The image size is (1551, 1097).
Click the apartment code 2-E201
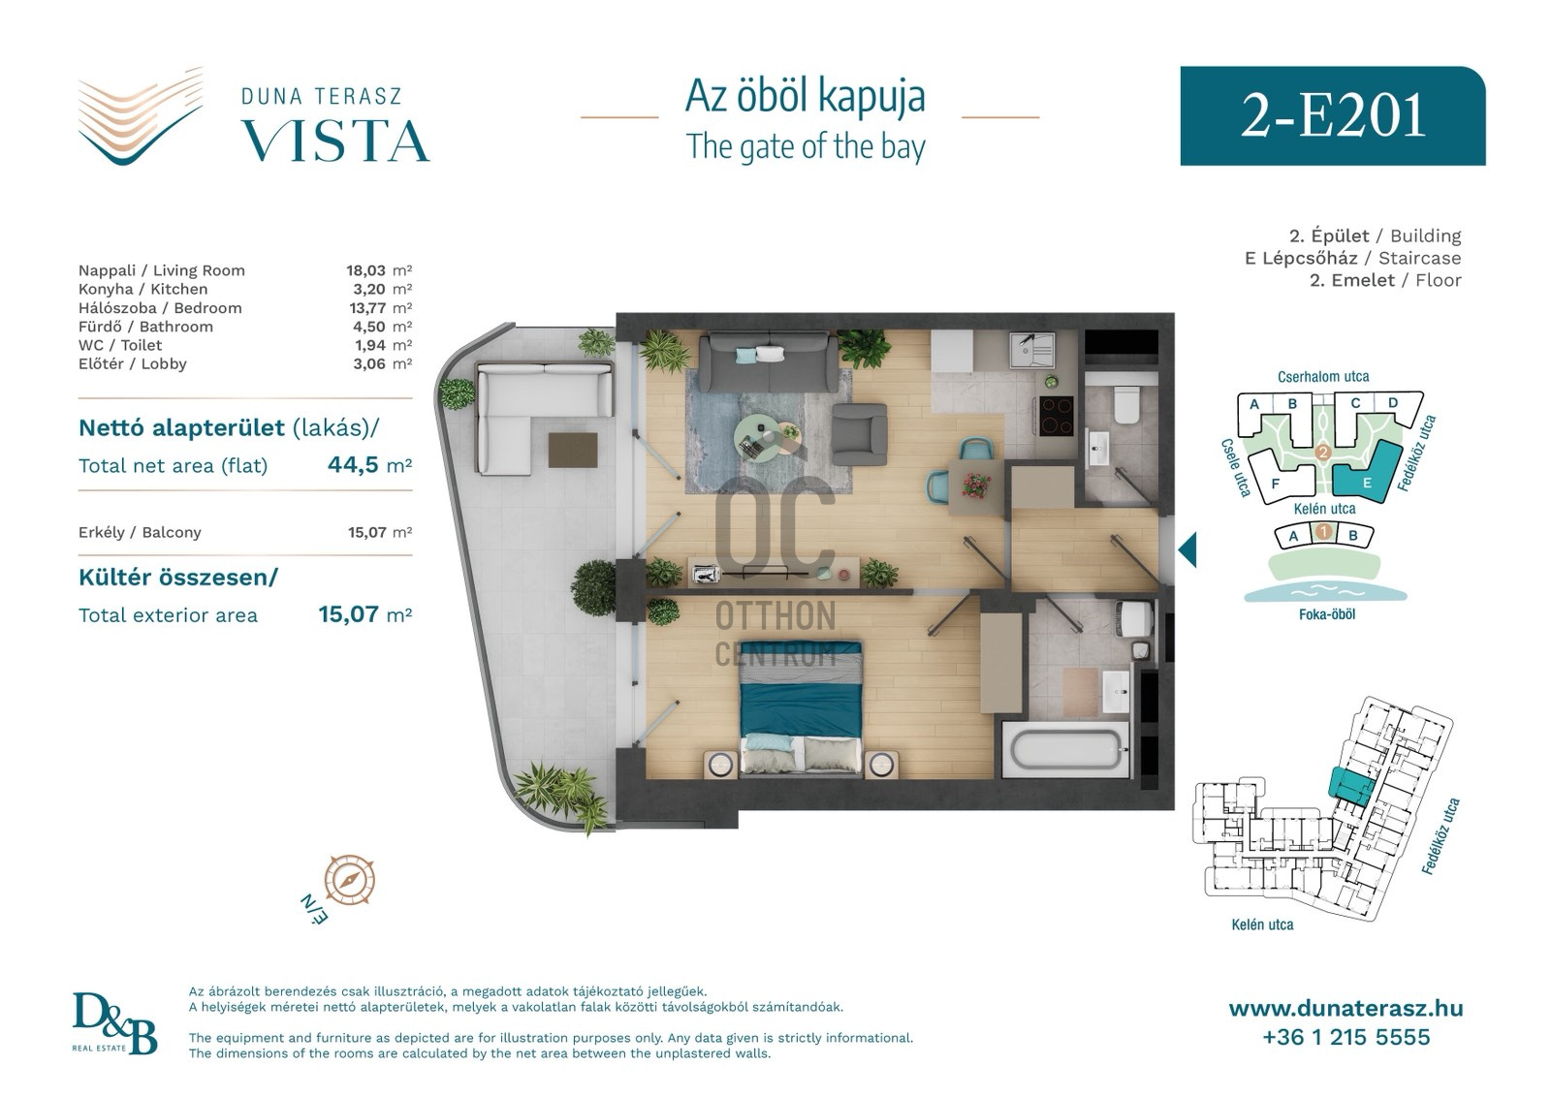tap(1332, 116)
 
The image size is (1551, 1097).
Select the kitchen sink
tap(1031, 350)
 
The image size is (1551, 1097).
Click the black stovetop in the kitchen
tap(1056, 416)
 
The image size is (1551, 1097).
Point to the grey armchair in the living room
tap(859, 434)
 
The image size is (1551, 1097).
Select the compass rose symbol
tap(349, 880)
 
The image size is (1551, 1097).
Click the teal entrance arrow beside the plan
tap(1187, 549)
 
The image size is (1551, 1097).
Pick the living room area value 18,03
tap(365, 270)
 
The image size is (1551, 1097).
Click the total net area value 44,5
tap(353, 464)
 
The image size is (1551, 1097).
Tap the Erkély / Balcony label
tap(140, 532)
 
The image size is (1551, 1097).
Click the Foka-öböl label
tap(1327, 613)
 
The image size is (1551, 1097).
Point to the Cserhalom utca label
tap(1323, 377)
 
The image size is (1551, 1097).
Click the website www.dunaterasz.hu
tap(1346, 1009)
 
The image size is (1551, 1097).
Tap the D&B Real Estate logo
tap(114, 1023)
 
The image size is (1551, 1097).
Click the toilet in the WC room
tap(1125, 404)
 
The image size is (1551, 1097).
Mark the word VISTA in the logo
tap(335, 141)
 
